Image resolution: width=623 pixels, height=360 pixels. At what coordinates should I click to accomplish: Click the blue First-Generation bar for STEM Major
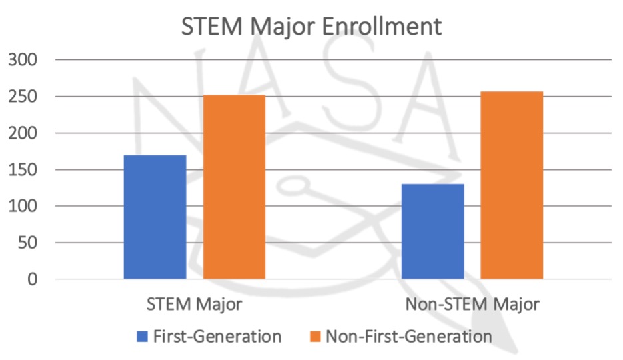click(x=155, y=217)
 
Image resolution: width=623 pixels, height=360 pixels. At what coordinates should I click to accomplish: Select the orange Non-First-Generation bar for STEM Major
click(x=234, y=187)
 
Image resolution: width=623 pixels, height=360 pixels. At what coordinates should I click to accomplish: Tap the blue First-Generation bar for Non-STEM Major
click(x=433, y=231)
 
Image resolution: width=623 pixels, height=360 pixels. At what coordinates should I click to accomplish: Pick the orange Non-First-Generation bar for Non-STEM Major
click(x=512, y=185)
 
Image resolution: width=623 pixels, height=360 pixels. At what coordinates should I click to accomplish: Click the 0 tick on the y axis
click(x=32, y=279)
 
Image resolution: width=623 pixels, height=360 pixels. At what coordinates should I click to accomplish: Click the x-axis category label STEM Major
click(x=194, y=305)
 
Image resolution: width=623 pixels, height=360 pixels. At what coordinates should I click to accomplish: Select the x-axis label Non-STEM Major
click(x=472, y=305)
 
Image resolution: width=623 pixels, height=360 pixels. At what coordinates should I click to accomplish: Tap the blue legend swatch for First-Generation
click(x=142, y=337)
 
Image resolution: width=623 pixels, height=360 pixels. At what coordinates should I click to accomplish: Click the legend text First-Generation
click(x=217, y=337)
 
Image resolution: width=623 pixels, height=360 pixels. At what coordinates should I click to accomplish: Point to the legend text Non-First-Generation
click(x=408, y=337)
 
